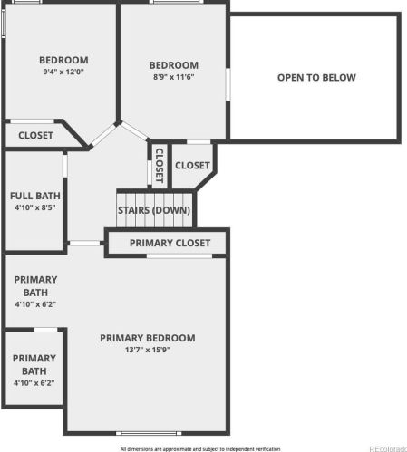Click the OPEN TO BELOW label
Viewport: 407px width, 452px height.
[316, 78]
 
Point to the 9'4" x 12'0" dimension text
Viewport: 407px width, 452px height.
[63, 72]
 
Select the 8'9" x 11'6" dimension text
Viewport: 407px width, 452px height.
[173, 77]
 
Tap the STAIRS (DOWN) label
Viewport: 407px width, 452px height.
[154, 210]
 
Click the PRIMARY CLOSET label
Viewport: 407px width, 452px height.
[170, 243]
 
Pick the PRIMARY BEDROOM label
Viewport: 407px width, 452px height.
[148, 338]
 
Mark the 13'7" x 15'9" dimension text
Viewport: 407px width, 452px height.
[148, 350]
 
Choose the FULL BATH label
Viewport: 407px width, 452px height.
[35, 196]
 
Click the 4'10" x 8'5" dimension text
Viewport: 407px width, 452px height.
[35, 207]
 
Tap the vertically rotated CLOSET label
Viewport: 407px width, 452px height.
[160, 166]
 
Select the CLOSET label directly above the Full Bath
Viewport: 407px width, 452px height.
[35, 135]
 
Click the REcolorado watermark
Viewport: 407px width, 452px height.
[388, 448]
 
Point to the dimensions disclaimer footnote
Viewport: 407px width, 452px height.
[200, 449]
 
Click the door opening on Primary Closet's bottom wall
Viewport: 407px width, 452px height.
[179, 256]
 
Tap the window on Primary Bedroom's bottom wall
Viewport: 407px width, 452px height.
[149, 433]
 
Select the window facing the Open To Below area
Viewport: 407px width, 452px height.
[228, 84]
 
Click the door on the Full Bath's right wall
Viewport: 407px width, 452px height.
[65, 165]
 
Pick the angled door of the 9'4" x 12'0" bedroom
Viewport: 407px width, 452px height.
[103, 135]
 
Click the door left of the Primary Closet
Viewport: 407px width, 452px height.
[85, 243]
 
